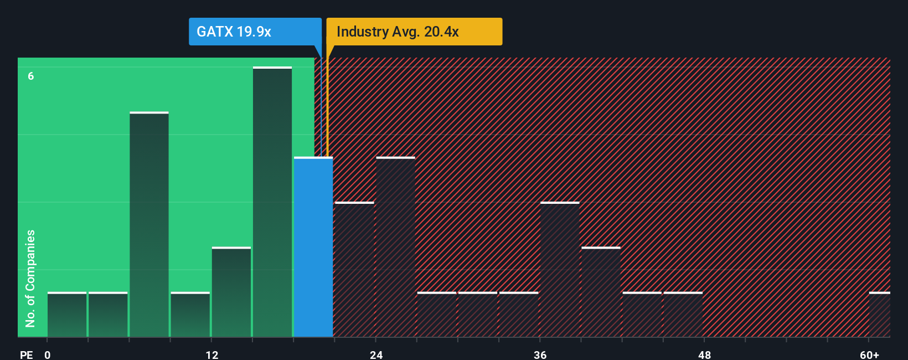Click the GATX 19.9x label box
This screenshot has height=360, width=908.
[255, 32]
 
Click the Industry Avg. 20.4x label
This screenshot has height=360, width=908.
[414, 32]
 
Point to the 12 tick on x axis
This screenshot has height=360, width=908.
[211, 354]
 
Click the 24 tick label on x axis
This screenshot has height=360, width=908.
[376, 354]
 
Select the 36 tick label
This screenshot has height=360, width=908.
[540, 354]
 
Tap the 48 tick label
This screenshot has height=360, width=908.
[704, 354]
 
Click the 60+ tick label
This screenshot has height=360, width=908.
[869, 354]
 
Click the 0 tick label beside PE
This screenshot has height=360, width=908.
[48, 354]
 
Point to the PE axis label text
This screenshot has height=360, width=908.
[26, 354]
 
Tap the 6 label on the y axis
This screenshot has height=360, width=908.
[31, 76]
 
